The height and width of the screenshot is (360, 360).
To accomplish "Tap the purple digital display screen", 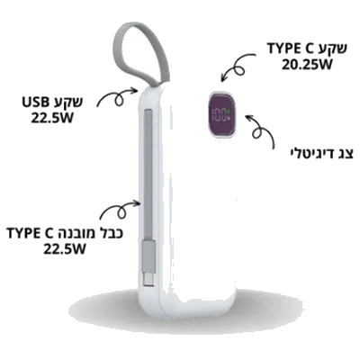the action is tap(222, 114).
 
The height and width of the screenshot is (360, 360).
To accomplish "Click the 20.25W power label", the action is tap(307, 65).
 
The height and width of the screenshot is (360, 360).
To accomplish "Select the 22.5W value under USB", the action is tap(52, 118).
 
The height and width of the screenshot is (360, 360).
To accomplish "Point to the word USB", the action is tap(35, 102).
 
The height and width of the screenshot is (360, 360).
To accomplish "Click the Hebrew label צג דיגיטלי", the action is tap(322, 153).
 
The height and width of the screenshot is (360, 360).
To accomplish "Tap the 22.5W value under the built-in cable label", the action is tap(64, 248).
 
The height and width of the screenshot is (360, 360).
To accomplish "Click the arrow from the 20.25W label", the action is tap(238, 67).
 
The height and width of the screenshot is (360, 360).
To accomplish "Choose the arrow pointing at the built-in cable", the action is tap(120, 210).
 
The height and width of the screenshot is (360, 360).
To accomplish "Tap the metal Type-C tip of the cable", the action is tap(148, 279).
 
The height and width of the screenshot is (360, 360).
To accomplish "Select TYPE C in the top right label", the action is tap(288, 49).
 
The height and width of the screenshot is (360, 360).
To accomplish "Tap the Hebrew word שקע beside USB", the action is tap(67, 103).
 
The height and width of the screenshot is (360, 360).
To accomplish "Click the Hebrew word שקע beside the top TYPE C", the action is tap(329, 49).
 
